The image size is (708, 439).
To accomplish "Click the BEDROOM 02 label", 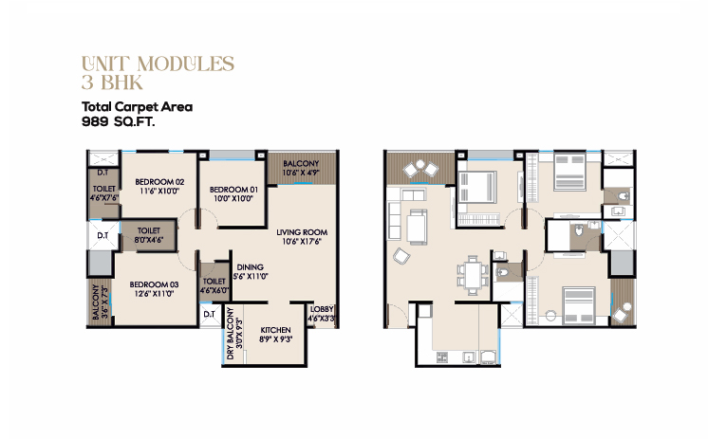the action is [x=159, y=182].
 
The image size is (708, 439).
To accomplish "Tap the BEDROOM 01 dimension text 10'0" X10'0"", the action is [x=233, y=198].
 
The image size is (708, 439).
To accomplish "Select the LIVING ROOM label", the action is [x=302, y=232].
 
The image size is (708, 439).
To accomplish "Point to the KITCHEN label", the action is [x=276, y=330].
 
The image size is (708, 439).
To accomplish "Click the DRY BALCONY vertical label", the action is [x=231, y=334].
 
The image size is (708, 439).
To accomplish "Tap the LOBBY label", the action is [x=322, y=309].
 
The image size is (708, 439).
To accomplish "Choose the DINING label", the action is [x=251, y=267].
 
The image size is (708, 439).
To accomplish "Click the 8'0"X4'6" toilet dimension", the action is [x=149, y=240].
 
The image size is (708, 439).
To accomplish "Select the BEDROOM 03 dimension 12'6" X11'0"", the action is [x=154, y=293].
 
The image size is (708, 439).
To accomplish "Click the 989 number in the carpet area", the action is [x=95, y=121].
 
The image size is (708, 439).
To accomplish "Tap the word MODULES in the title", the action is [x=186, y=64].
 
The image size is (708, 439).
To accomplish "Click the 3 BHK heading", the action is [x=112, y=82].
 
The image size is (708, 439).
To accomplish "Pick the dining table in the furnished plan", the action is [x=473, y=275].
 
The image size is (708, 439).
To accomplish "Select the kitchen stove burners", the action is [x=442, y=357].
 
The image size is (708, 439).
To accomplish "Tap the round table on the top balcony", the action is [x=420, y=164].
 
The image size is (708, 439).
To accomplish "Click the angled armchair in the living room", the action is [x=401, y=256].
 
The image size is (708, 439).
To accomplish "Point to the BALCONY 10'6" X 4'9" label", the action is [x=301, y=168].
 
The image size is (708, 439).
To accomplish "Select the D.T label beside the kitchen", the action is [x=209, y=314].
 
